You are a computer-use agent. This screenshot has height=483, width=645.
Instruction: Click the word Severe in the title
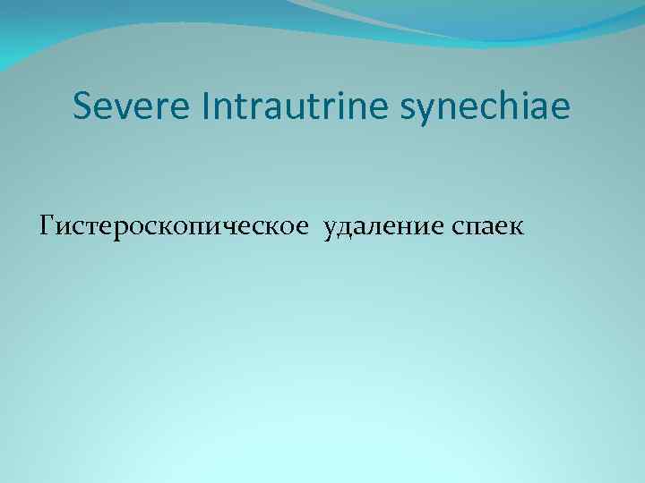[x=134, y=107]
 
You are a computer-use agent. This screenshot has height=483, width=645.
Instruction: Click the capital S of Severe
[x=83, y=107]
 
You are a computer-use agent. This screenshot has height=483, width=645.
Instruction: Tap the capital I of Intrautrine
[x=211, y=107]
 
